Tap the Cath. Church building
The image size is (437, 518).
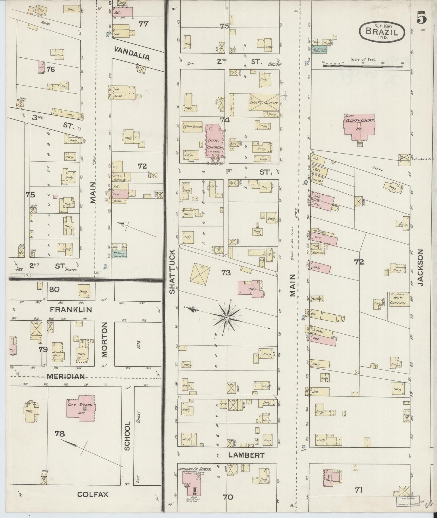214,141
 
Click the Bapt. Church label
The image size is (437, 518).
399,300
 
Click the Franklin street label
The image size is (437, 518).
71,310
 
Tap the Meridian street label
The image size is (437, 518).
65,376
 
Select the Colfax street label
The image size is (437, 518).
93,494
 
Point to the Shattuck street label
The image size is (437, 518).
172,271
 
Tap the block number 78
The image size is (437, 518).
60,434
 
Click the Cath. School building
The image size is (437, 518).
192,127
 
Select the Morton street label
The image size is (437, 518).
104,340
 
